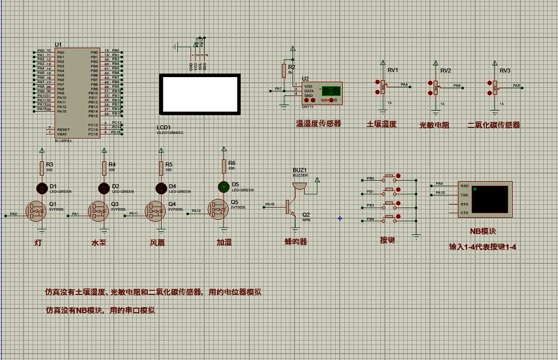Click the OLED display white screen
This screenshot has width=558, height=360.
(x=200, y=94)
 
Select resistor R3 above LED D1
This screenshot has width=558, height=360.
(x=42, y=168)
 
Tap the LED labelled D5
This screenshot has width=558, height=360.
(x=223, y=186)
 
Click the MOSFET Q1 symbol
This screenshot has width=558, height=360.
(x=37, y=211)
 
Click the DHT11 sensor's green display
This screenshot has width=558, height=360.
(x=330, y=92)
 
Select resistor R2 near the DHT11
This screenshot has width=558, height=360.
(x=283, y=70)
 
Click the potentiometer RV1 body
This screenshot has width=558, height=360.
(x=383, y=87)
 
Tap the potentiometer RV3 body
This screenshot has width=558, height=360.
(x=495, y=87)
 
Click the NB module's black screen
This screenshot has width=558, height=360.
(x=490, y=199)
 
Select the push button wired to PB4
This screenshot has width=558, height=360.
(x=389, y=218)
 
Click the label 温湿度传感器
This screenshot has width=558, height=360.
(x=318, y=124)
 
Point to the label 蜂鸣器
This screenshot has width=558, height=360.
(x=295, y=242)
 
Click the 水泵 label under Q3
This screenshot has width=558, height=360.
(x=99, y=242)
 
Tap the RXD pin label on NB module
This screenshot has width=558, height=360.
(x=464, y=186)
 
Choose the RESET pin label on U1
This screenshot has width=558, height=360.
(x=63, y=130)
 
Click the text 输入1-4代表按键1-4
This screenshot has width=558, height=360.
(x=482, y=247)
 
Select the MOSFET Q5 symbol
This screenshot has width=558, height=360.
(x=218, y=209)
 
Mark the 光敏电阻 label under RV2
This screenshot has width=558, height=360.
(x=434, y=125)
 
